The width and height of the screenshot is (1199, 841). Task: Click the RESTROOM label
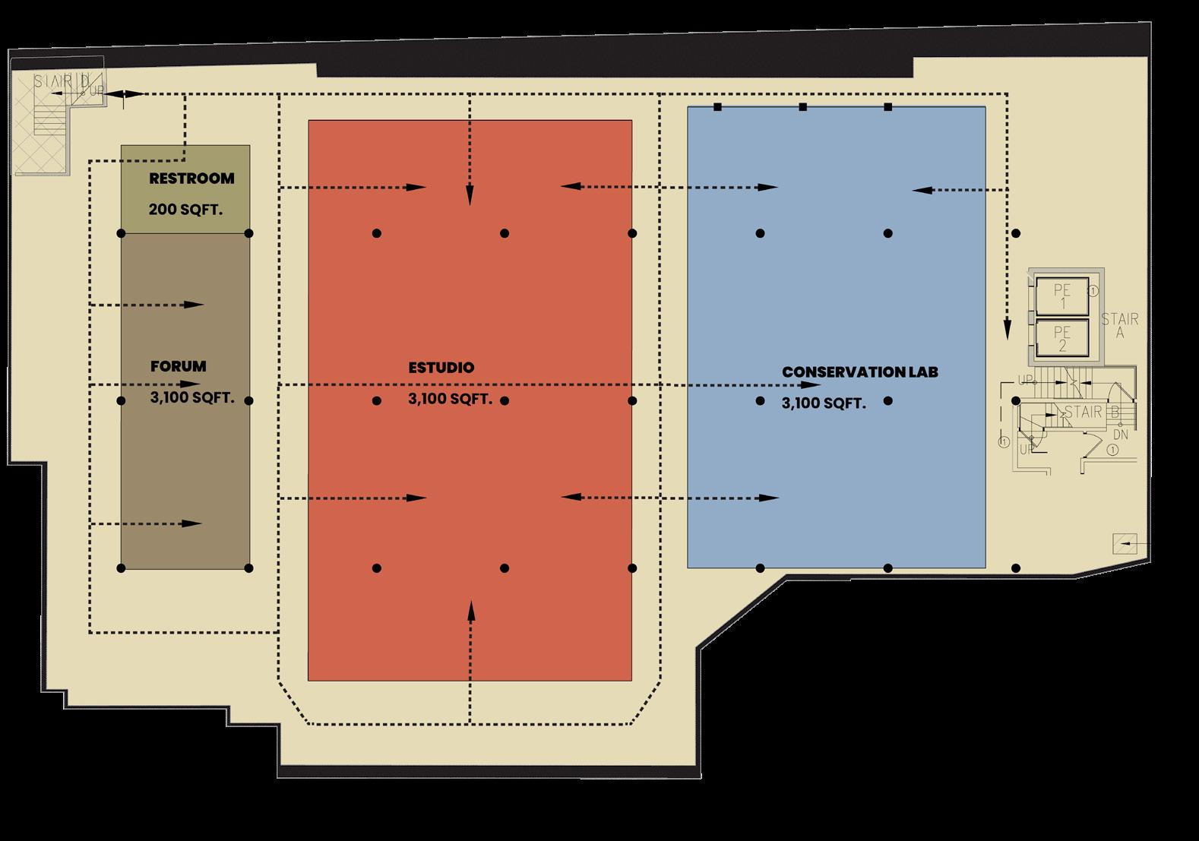[x=191, y=179]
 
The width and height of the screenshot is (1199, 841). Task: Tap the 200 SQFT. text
[x=185, y=209]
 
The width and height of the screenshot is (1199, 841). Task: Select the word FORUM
[x=179, y=366]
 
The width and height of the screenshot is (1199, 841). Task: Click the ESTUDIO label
[x=441, y=368]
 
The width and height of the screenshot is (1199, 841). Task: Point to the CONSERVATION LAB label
[x=860, y=372]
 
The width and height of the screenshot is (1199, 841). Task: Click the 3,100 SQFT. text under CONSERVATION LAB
[x=824, y=403]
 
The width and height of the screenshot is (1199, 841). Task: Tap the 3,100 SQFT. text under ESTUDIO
[x=450, y=399]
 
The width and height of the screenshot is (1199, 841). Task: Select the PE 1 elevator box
[x=1062, y=296]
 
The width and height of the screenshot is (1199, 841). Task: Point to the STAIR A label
[x=1119, y=325]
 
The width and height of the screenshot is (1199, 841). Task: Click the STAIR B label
[x=1092, y=413]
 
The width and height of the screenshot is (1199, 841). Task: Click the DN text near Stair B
[x=1120, y=435]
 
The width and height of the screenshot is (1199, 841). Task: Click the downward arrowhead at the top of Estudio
[x=470, y=197]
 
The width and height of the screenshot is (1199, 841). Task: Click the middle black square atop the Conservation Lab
[x=803, y=107]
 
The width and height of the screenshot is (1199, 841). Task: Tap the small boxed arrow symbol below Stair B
[x=1125, y=543]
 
